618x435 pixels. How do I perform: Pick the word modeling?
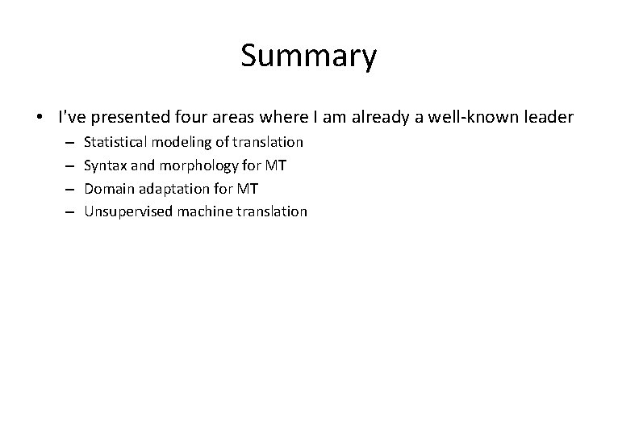click(178, 142)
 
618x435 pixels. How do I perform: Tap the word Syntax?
click(103, 165)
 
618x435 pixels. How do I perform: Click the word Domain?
click(106, 189)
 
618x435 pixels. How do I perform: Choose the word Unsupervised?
click(123, 211)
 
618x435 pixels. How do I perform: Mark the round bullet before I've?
click(41, 118)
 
